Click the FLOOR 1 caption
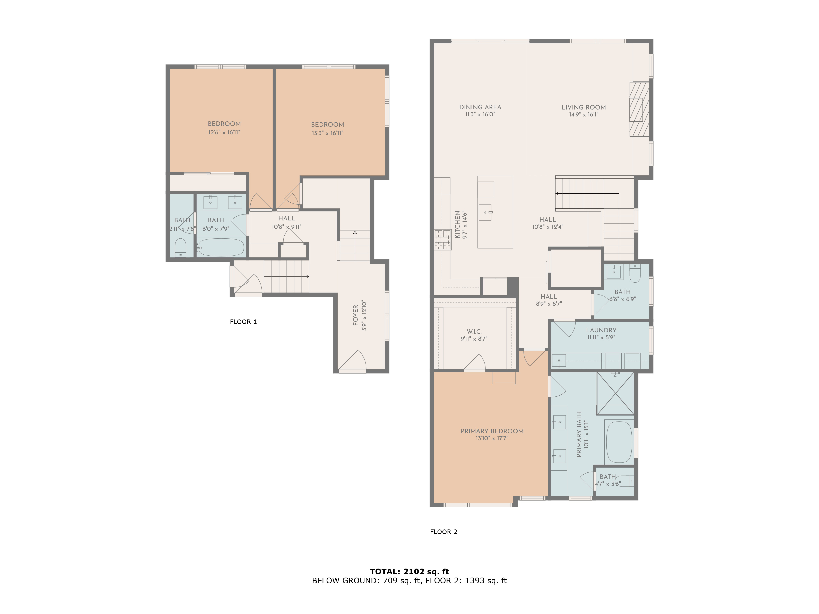point(243,322)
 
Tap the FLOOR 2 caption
point(443,532)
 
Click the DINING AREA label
point(480,107)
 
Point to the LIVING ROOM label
point(584,107)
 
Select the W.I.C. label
point(474,332)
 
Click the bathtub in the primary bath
point(619,441)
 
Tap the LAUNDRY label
point(601,330)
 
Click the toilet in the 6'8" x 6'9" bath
point(635,273)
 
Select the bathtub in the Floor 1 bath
point(221,247)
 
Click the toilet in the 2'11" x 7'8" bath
point(180,247)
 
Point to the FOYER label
point(355,315)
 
